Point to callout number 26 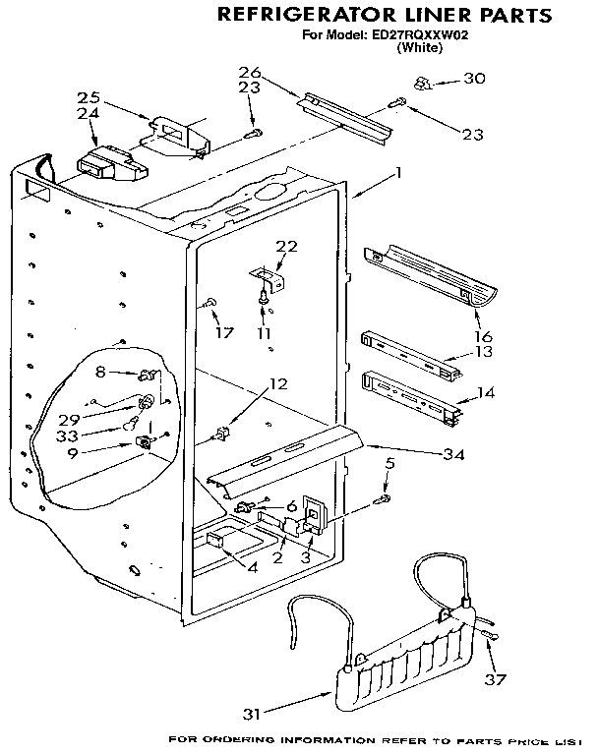pyautogui.click(x=250, y=72)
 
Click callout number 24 pyautogui.click(x=88, y=114)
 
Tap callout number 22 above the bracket pyautogui.click(x=285, y=246)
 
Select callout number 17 pyautogui.click(x=224, y=332)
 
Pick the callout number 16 pyautogui.click(x=484, y=336)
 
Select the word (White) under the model pyautogui.click(x=419, y=47)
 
